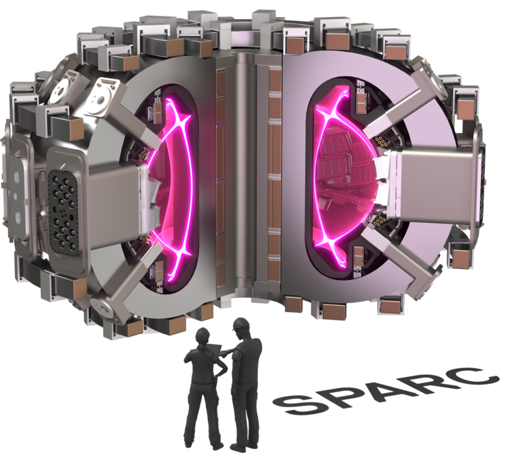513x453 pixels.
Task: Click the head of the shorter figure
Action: pyautogui.click(x=202, y=337)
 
